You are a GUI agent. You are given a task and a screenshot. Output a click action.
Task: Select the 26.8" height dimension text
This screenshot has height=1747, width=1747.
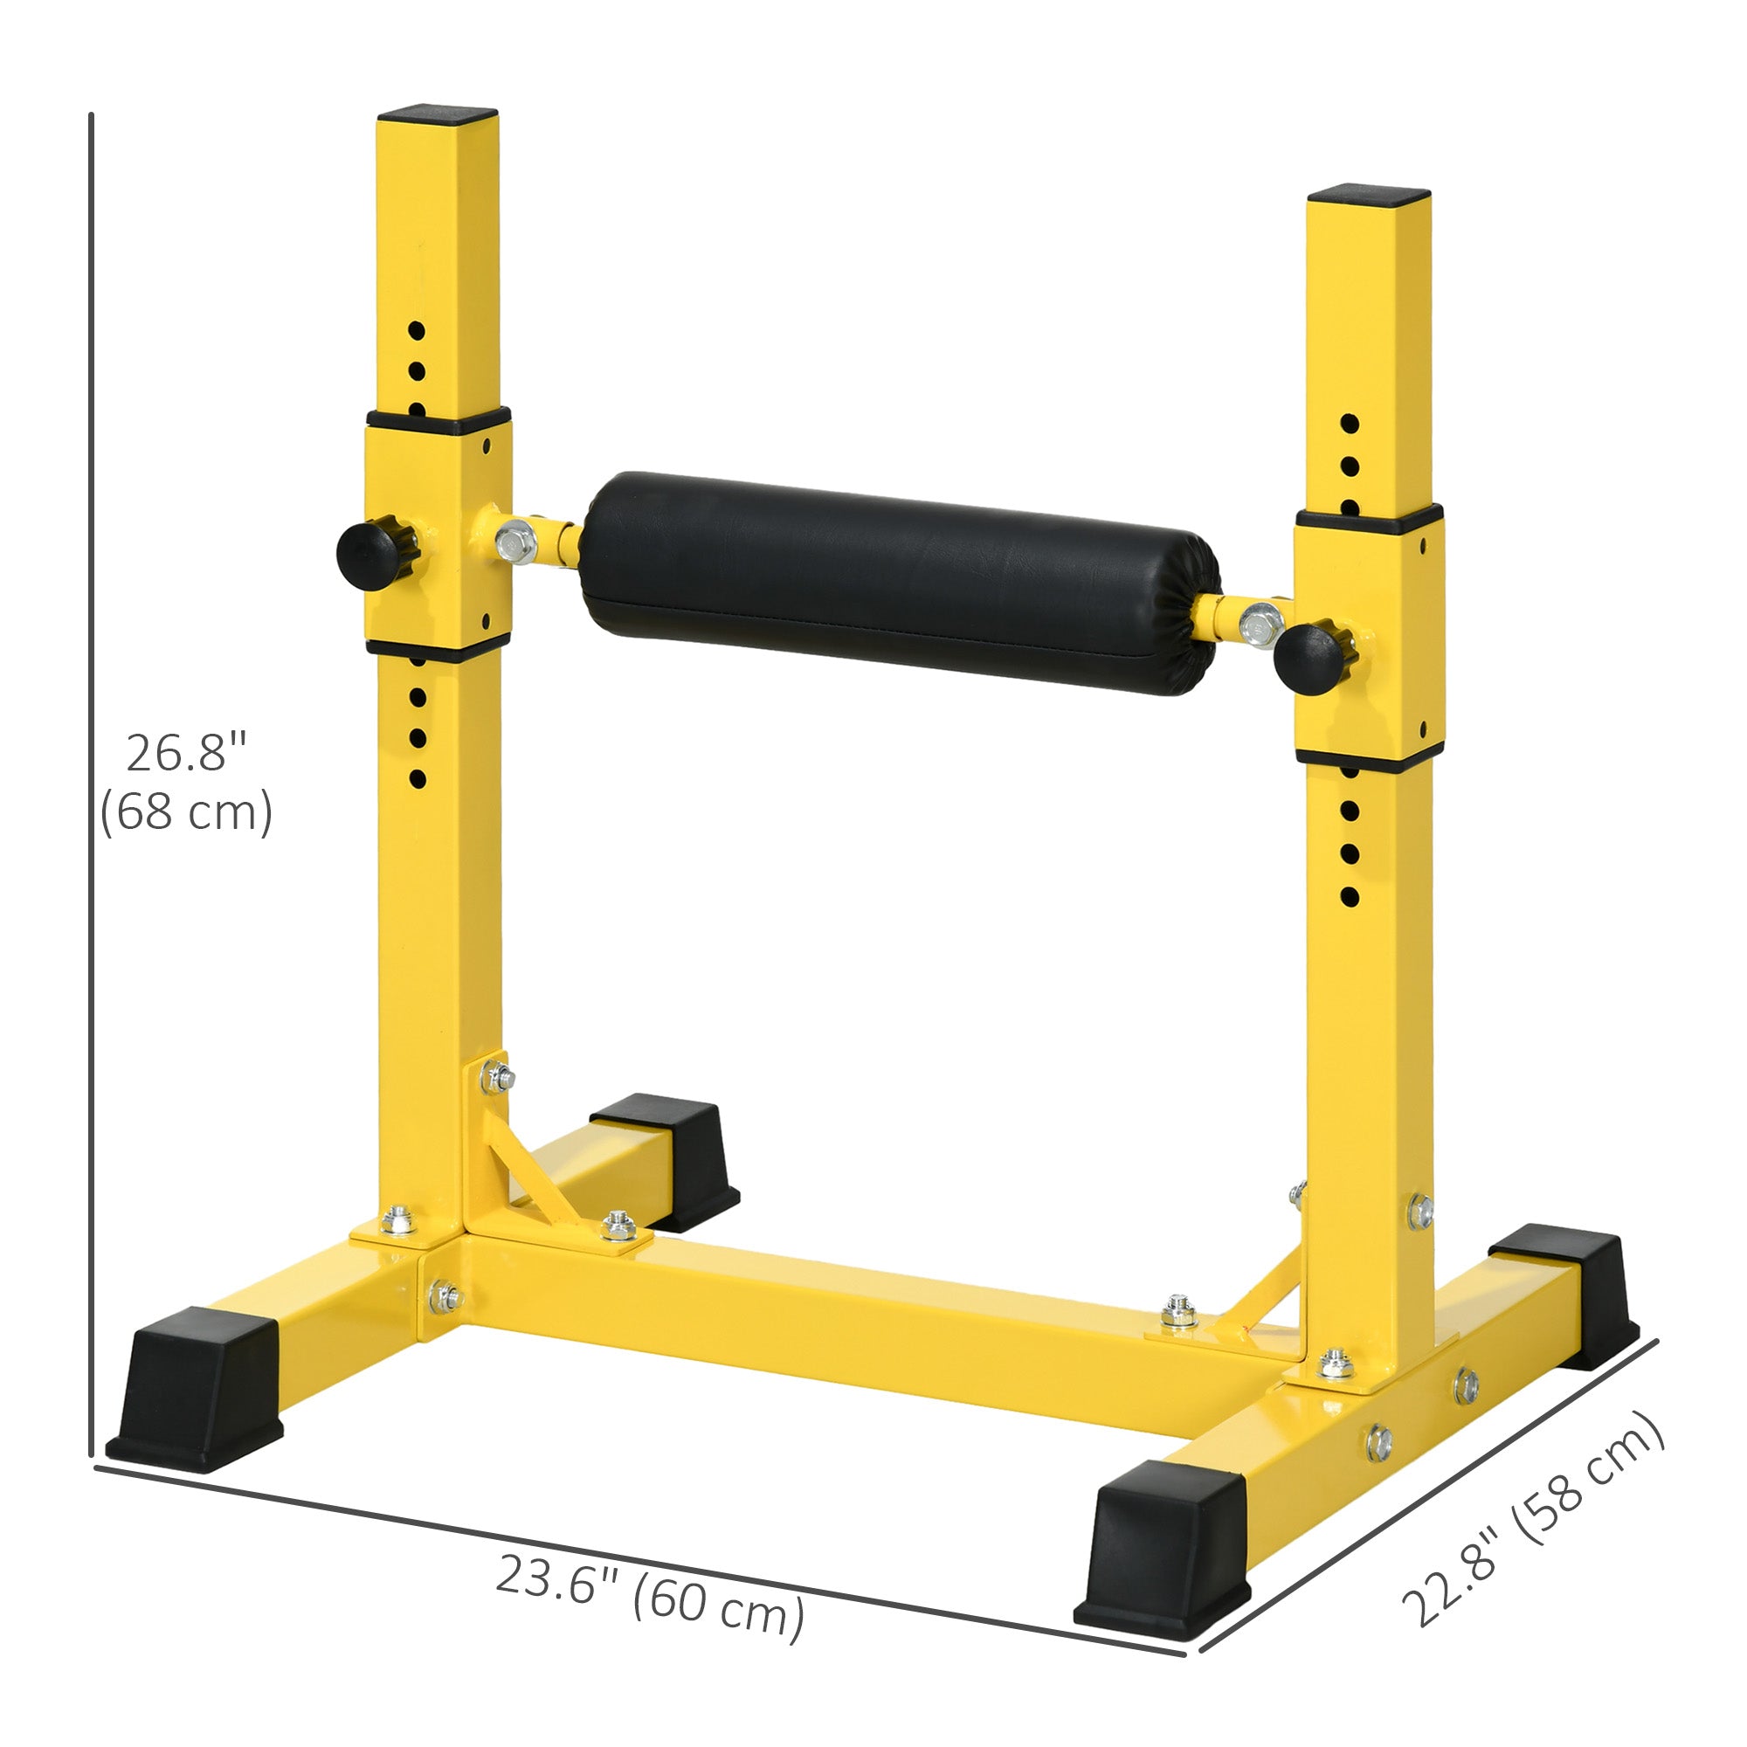pos(186,753)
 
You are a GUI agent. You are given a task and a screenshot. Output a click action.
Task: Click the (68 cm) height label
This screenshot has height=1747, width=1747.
pos(186,811)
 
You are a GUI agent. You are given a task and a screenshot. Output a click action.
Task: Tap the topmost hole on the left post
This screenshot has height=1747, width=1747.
pos(416,331)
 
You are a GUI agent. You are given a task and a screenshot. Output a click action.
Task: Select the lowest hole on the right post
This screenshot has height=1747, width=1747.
pos(1350,897)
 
